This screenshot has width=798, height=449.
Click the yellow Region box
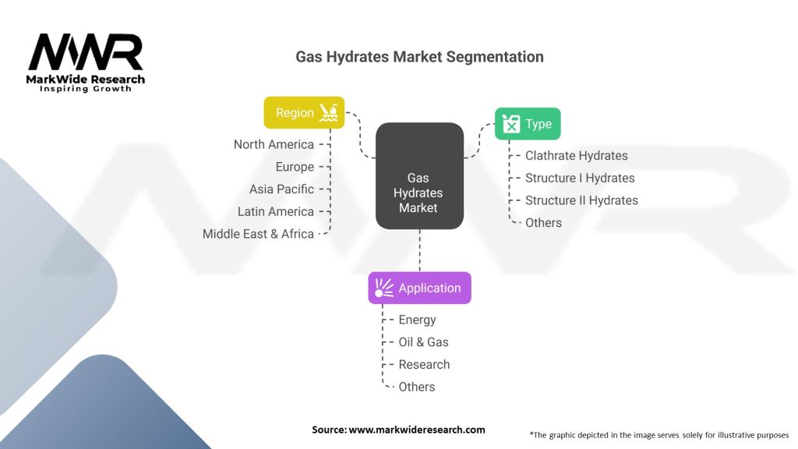304,112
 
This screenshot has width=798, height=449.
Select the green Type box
528,124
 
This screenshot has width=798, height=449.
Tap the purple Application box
419,288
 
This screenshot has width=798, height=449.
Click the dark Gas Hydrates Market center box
419,175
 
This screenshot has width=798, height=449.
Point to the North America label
274,144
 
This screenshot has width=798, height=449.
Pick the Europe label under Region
295,167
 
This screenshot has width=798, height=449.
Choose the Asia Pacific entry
281,189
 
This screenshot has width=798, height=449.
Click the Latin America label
276,212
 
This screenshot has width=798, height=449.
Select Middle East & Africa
258,234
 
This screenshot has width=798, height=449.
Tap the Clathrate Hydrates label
577,156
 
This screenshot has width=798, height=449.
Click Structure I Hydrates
580,179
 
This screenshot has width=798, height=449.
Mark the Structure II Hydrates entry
581,200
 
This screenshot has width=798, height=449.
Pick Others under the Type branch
543,223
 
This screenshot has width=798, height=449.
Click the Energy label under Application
418,320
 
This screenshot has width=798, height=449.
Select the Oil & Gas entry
423,342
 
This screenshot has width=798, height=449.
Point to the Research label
424,365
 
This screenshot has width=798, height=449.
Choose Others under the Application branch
417,387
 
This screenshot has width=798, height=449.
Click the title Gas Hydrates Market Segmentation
419,56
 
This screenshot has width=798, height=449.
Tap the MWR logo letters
86,52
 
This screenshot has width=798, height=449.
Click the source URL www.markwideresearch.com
417,430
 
